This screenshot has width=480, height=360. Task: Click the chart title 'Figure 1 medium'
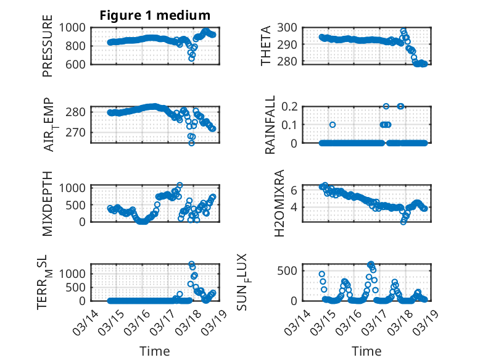[x=155, y=15]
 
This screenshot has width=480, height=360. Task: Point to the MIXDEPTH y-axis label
[x=48, y=204]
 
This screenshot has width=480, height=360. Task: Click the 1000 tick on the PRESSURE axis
[x=77, y=27]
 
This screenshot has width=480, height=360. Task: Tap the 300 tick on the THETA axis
[x=288, y=27]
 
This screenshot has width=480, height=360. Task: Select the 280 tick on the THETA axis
[x=288, y=62]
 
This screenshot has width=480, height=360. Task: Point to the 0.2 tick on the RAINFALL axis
[x=290, y=106]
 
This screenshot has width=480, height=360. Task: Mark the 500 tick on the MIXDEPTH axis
[x=80, y=204]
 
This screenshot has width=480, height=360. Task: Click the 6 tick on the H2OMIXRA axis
[x=295, y=190]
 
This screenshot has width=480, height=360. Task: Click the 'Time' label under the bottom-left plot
[x=155, y=351]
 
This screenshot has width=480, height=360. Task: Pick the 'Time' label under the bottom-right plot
[x=366, y=351]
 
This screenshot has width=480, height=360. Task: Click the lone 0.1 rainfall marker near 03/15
[x=333, y=124]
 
